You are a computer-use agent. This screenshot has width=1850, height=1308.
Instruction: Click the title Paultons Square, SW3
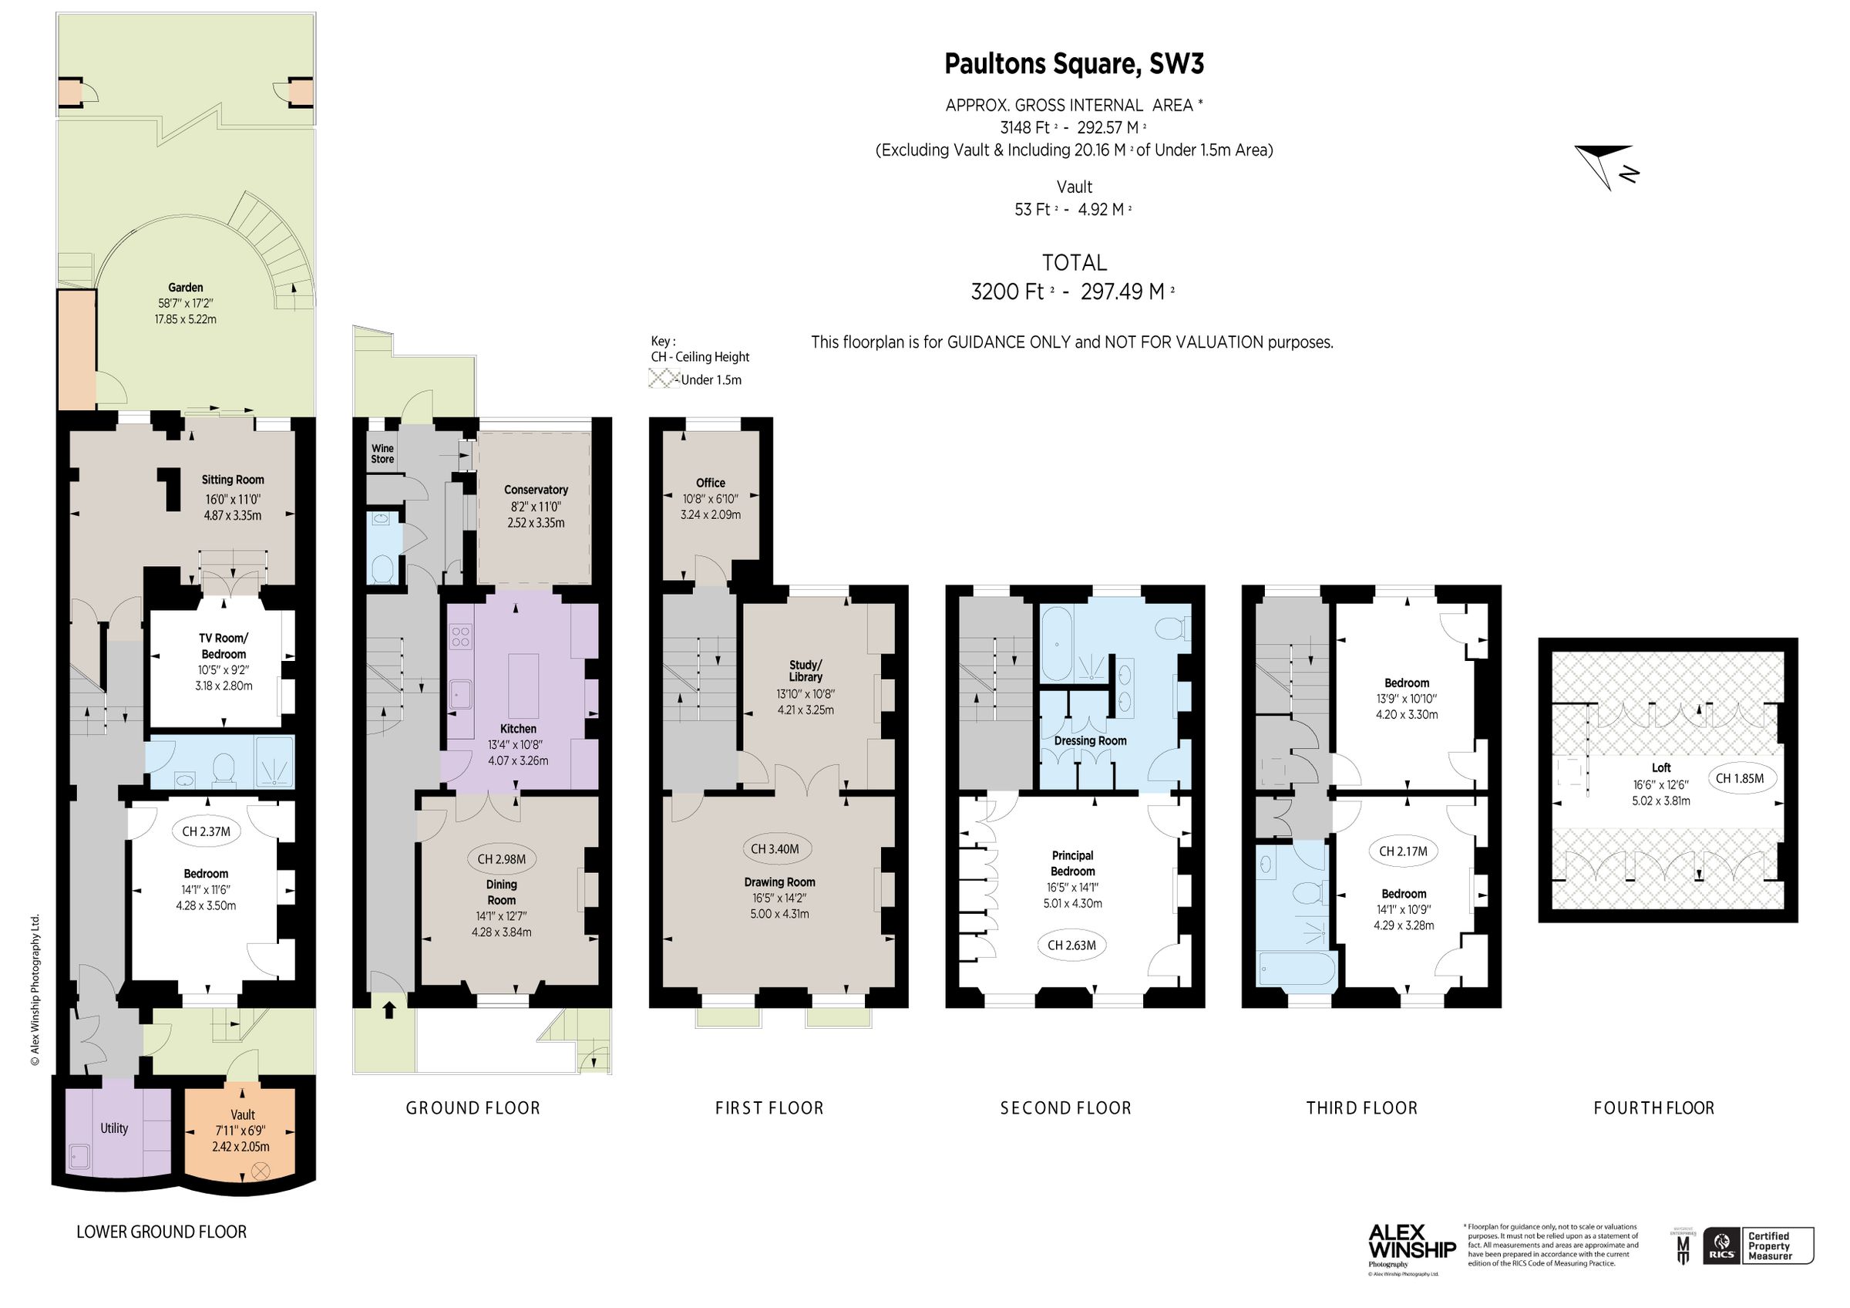(x=1073, y=64)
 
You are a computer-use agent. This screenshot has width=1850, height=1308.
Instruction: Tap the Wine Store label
(x=383, y=453)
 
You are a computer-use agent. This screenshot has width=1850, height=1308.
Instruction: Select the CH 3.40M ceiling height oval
(x=775, y=848)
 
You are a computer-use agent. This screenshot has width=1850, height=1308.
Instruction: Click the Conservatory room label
(x=536, y=490)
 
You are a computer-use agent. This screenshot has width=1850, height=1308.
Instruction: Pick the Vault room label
(x=243, y=1114)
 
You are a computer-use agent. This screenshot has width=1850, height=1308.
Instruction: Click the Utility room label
(x=113, y=1128)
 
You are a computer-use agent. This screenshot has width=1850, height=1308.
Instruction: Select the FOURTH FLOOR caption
(x=1653, y=1108)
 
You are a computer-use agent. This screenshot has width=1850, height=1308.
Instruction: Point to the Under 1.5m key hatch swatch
(x=663, y=378)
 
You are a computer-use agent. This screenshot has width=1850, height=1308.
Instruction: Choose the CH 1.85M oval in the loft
(x=1740, y=778)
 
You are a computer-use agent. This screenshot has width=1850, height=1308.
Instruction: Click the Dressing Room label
(x=1090, y=740)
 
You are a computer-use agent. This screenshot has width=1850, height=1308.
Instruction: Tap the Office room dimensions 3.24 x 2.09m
(x=710, y=514)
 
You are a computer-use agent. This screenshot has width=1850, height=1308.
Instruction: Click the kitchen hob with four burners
(x=461, y=637)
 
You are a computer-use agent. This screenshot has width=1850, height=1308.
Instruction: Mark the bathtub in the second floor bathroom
(x=1057, y=644)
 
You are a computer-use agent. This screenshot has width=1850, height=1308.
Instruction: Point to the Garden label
(x=185, y=287)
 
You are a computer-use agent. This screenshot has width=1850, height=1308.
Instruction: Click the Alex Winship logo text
(x=1411, y=1240)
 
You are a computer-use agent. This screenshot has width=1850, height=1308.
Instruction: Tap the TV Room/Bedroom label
(x=224, y=646)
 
